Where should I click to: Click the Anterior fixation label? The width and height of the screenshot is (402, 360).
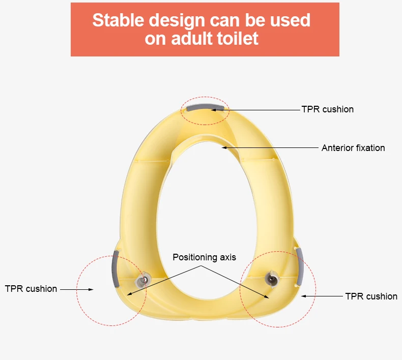pyautogui.click(x=353, y=148)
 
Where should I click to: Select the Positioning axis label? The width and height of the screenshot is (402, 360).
pyautogui.click(x=204, y=257)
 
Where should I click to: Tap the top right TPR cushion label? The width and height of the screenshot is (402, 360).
pyautogui.click(x=327, y=109)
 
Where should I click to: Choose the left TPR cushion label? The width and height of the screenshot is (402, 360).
pyautogui.click(x=31, y=289)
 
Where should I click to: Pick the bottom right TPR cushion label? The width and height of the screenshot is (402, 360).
pyautogui.click(x=371, y=296)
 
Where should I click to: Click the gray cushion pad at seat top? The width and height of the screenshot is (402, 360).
pyautogui.click(x=205, y=108)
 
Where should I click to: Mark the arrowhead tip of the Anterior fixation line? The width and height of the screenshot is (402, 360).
pyautogui.click(x=223, y=148)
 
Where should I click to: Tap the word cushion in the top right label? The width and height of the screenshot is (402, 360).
pyautogui.click(x=338, y=109)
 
